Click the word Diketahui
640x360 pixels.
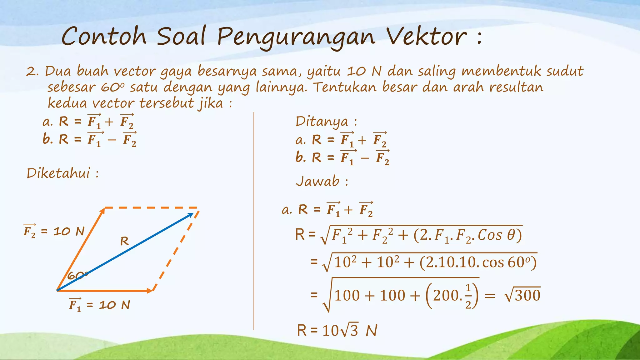point(58,173)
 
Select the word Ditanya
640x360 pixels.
point(322,122)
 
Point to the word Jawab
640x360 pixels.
point(317,181)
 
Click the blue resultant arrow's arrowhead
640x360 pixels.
point(190,215)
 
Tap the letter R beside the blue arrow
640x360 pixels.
point(124,241)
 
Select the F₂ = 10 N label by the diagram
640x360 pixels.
point(54,232)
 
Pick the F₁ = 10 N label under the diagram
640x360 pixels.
point(99,305)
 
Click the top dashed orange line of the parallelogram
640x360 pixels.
point(151,207)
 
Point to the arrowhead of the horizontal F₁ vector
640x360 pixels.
point(150,291)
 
